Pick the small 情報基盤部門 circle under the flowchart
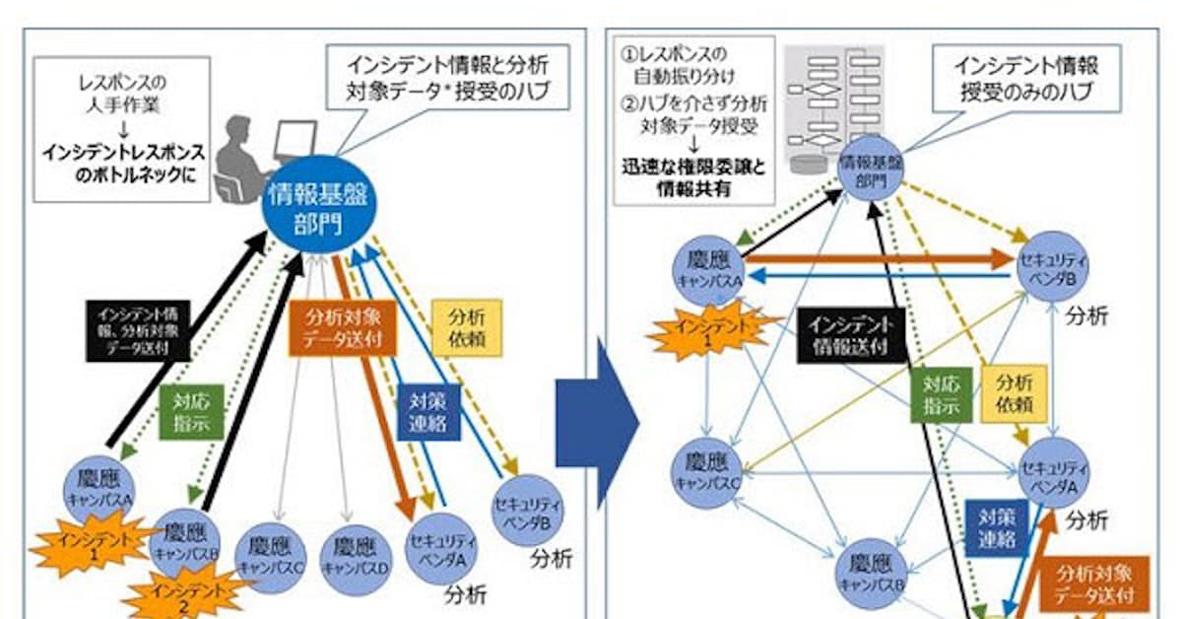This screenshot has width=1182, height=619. click(x=871, y=170)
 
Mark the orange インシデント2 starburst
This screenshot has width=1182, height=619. click(x=188, y=594)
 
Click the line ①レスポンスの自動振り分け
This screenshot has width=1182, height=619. click(x=694, y=61)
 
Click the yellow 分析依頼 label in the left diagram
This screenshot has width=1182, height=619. click(x=467, y=328)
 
